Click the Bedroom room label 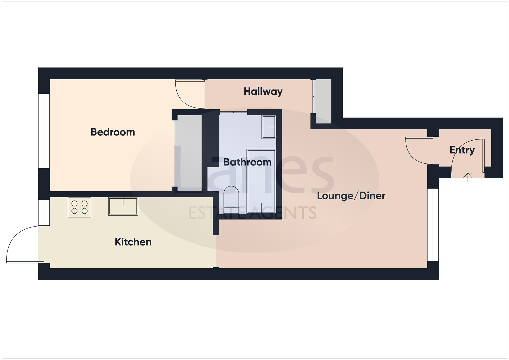click(113, 132)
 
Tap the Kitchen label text click(133, 242)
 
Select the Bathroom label click(247, 162)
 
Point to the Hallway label click(263, 91)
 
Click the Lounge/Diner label click(351, 196)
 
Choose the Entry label click(462, 150)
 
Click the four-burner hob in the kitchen click(80, 207)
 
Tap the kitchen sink click(123, 206)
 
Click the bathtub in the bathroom click(261, 181)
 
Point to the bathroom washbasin click(269, 127)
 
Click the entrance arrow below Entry click(468, 177)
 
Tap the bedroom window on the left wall click(44, 131)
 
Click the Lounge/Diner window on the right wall click(433, 225)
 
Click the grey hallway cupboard click(323, 101)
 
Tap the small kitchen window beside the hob click(44, 213)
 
